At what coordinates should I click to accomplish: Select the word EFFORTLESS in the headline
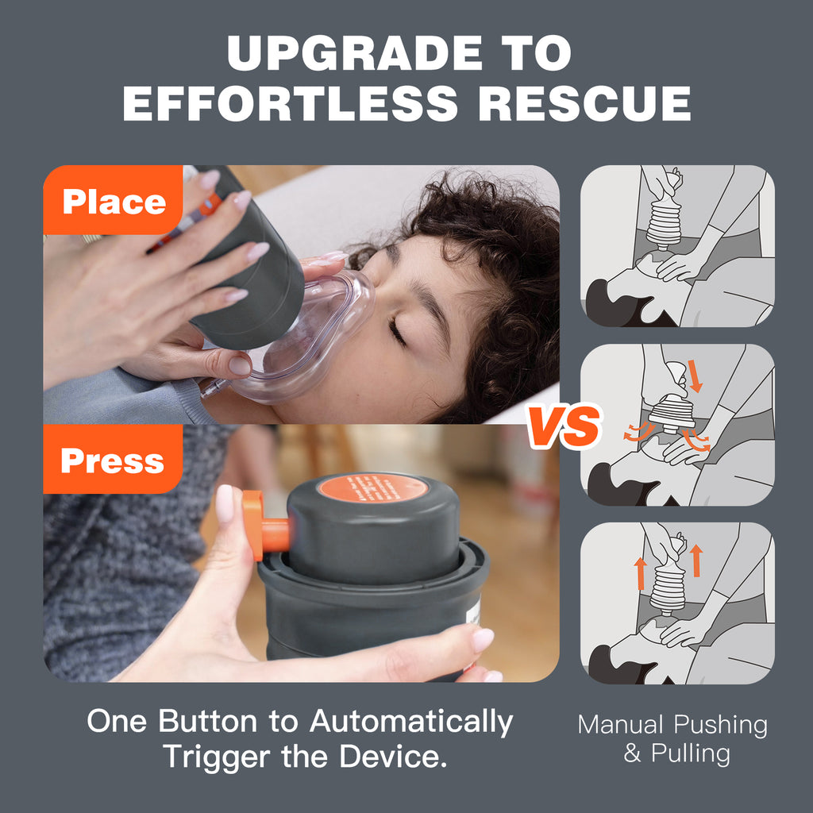point(291,103)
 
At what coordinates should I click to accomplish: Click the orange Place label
point(114,202)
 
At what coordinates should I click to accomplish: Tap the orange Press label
point(112,460)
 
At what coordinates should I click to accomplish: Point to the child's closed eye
point(397,330)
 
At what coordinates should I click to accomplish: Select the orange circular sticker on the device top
point(372,488)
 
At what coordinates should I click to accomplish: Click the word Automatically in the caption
point(411,722)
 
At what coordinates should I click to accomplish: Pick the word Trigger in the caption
point(216,756)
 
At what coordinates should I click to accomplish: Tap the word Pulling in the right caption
point(690,753)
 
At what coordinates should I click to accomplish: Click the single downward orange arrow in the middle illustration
point(695,376)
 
